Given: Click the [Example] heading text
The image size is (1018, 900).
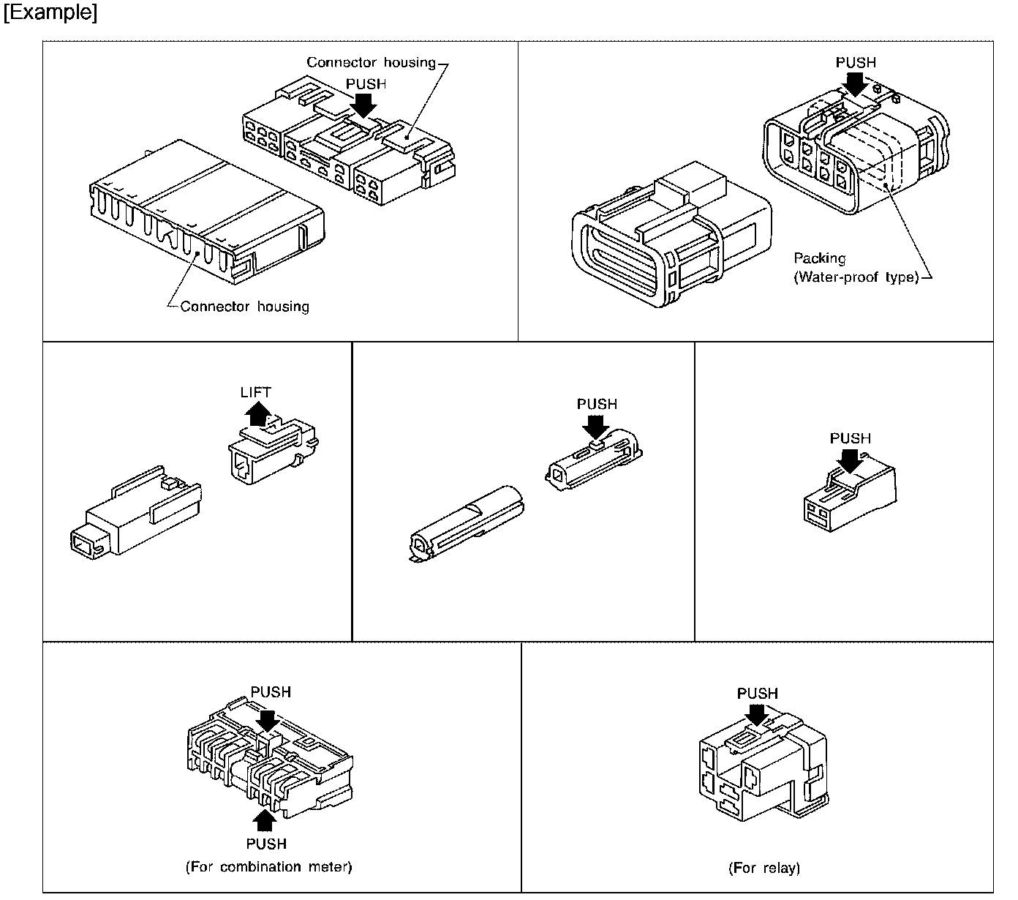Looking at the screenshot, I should click(x=50, y=12).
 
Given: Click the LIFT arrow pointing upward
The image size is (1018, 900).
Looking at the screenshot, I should click(x=256, y=415).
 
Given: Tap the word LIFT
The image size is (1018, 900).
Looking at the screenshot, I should click(x=255, y=393).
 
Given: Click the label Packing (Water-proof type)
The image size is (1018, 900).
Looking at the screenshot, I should click(x=856, y=268).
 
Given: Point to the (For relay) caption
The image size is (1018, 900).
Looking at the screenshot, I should click(x=764, y=869).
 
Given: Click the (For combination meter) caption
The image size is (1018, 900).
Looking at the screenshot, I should click(x=269, y=867).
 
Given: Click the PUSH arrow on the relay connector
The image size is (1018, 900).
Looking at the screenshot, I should click(x=758, y=714).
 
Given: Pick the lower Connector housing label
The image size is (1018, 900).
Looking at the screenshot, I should click(x=244, y=307).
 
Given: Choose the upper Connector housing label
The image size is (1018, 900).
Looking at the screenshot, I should click(x=371, y=62).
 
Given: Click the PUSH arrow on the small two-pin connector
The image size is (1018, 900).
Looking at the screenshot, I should click(x=850, y=460).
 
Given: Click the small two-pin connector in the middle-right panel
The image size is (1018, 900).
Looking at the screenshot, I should click(x=848, y=498).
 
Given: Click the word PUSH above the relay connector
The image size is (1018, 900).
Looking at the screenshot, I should click(x=757, y=693).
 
